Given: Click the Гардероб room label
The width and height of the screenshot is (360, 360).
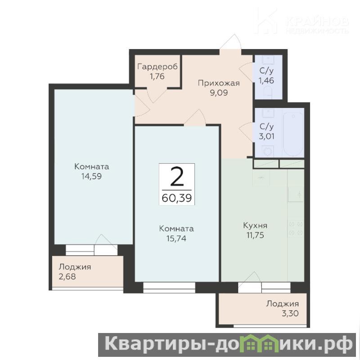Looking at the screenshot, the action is (x=157, y=67).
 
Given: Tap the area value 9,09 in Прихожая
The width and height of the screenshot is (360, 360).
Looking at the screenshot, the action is (x=219, y=93).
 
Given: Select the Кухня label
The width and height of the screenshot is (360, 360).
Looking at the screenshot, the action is (x=255, y=225).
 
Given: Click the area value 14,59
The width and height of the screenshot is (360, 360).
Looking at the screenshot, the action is (x=91, y=176).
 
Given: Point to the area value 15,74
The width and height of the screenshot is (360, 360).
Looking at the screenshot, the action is (x=176, y=238).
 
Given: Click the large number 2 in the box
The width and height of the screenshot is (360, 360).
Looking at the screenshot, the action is (x=177, y=176).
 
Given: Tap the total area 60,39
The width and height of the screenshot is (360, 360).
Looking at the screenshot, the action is (x=176, y=198).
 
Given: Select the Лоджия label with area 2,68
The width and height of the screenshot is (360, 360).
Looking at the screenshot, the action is (x=75, y=267).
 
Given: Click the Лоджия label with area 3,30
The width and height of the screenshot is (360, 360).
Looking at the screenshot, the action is (x=283, y=304).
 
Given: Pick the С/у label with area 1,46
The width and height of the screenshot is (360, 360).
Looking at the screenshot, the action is (x=266, y=71).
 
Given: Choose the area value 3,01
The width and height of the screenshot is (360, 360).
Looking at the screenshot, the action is (x=266, y=136).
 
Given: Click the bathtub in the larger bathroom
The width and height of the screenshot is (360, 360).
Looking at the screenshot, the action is (x=293, y=134).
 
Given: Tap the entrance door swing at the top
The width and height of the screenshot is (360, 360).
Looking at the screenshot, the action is (x=231, y=42).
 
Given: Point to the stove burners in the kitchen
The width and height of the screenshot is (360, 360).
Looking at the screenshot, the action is (x=296, y=229).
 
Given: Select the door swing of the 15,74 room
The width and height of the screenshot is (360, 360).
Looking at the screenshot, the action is (x=195, y=117).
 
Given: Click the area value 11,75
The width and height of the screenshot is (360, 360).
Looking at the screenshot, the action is (x=255, y=235).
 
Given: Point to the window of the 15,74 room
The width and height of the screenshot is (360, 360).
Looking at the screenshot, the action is (x=169, y=288).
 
